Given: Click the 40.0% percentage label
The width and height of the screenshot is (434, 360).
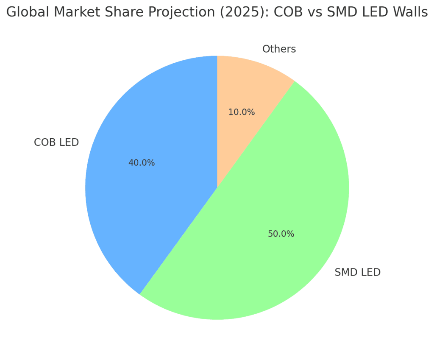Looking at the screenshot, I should tap(142, 163).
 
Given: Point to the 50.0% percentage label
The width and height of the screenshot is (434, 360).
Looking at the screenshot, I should tap(281, 234).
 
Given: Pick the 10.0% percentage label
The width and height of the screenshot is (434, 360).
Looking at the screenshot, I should tap(242, 112).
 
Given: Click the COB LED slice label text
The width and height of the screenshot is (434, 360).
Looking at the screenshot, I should tap(56, 142).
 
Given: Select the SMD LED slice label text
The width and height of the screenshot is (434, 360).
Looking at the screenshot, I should tap(357, 272).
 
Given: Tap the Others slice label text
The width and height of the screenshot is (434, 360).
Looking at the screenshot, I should tap(279, 49).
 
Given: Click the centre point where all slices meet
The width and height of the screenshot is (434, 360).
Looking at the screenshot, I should tap(217, 188).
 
